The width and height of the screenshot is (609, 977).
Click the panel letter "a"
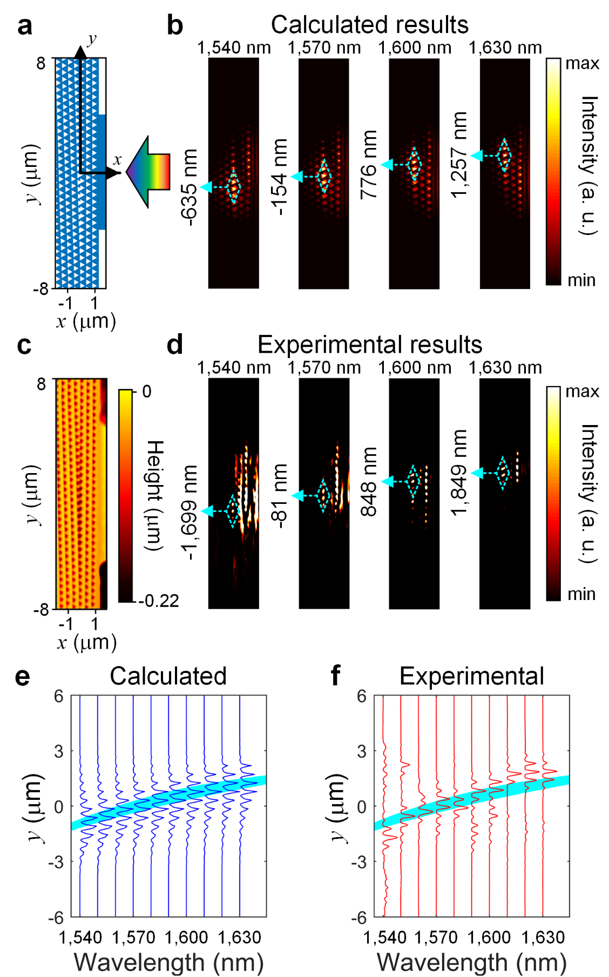24,26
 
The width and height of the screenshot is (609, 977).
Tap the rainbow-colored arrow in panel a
148,172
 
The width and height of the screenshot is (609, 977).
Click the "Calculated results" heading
369,25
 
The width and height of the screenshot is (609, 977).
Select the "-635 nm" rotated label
189,187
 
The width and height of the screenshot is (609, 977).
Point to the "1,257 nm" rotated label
459,155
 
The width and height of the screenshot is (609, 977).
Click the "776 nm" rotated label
369,164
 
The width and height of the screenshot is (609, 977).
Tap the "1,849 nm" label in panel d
459,473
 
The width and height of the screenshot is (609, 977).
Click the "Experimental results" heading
369,345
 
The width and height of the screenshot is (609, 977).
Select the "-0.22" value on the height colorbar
159,601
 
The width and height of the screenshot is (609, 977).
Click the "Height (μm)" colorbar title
155,495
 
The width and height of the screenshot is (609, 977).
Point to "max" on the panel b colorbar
582,64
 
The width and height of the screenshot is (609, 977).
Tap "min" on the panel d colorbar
581,594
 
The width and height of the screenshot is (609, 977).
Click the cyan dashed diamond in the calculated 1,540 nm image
233,186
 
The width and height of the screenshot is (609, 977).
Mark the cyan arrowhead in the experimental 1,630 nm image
477,473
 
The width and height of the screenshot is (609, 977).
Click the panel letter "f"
335,676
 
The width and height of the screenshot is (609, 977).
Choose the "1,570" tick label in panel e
133,938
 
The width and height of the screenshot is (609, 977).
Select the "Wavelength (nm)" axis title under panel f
471,962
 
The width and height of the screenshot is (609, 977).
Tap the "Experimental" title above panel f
471,676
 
